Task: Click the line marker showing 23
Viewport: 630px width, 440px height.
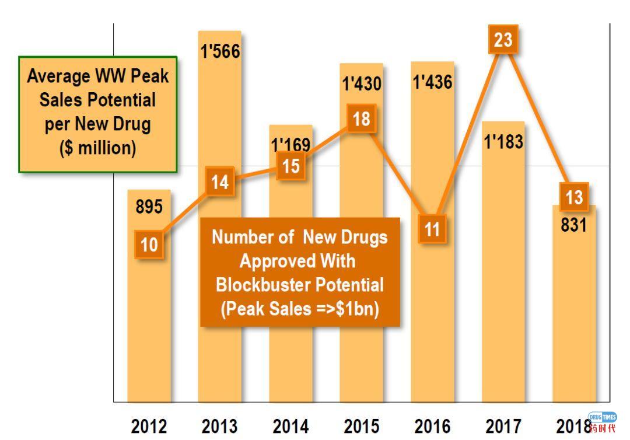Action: pyautogui.click(x=503, y=40)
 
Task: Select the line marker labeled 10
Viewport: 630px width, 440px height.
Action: pyautogui.click(x=149, y=244)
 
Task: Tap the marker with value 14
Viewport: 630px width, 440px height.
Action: pyautogui.click(x=220, y=183)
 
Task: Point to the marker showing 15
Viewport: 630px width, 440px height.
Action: pyautogui.click(x=290, y=166)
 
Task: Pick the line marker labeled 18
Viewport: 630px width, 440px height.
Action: pyautogui.click(x=361, y=119)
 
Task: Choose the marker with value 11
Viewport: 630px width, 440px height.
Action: pyautogui.click(x=432, y=229)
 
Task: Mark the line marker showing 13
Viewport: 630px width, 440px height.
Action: pyautogui.click(x=574, y=197)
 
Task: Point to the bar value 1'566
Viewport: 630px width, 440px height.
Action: pyautogui.click(x=220, y=51)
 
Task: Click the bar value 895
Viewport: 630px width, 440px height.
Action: pyautogui.click(x=149, y=207)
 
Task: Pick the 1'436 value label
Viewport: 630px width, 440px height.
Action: pyautogui.click(x=432, y=82)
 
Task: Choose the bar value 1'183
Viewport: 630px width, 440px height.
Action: pyautogui.click(x=503, y=142)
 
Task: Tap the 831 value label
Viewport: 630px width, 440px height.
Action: pyautogui.click(x=573, y=225)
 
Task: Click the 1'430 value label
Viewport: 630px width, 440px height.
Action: pyautogui.click(x=362, y=84)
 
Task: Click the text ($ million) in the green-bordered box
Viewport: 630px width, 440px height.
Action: pyautogui.click(x=97, y=148)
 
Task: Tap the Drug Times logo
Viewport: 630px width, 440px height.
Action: pyautogui.click(x=602, y=421)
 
